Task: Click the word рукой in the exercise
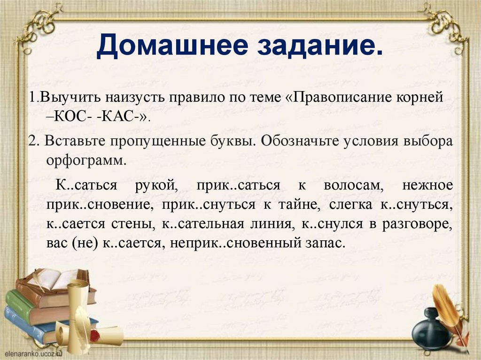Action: pyautogui.click(x=155, y=185)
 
